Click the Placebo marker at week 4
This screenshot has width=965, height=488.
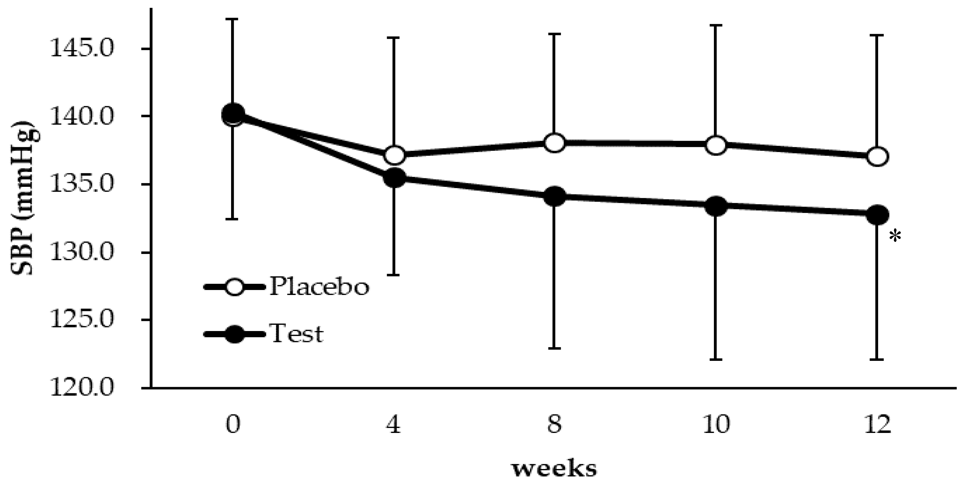[x=394, y=155]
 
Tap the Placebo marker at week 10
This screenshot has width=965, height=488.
[x=716, y=145]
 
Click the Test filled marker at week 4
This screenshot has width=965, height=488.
[x=394, y=178]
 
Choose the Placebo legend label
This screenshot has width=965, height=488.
[x=319, y=287]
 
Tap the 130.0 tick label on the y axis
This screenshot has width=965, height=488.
[x=81, y=253]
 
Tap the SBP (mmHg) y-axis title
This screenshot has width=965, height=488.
[x=25, y=199]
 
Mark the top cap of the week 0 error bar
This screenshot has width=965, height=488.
[x=233, y=18]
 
